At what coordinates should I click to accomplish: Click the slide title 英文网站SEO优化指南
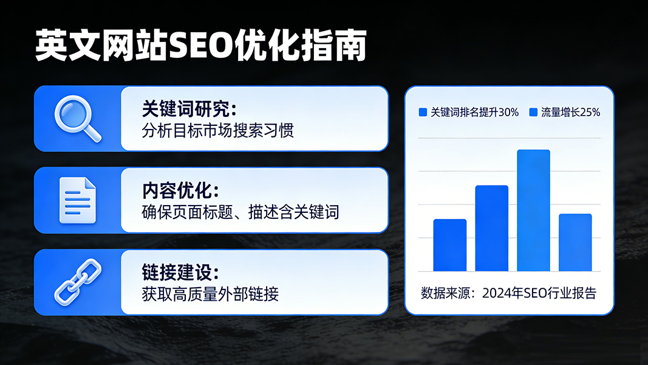[x=201, y=45]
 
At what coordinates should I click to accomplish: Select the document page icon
[x=78, y=200]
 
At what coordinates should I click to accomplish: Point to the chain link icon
[x=78, y=282]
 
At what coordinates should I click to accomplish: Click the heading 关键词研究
[x=189, y=109]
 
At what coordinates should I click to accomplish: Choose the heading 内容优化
[x=180, y=191]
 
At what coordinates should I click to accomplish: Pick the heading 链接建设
[x=180, y=273]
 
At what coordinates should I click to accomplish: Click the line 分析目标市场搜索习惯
[x=218, y=130]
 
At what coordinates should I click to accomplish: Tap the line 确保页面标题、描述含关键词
[x=240, y=212]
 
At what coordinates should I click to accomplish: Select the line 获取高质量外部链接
[x=210, y=294]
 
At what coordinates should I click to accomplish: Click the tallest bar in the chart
[x=534, y=210]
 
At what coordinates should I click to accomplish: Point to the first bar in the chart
[x=450, y=245]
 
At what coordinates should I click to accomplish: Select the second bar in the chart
[x=492, y=229]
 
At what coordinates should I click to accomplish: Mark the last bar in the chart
[x=575, y=243]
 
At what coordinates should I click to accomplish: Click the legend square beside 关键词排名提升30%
[x=423, y=112]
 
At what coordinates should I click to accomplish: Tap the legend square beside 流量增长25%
[x=534, y=112]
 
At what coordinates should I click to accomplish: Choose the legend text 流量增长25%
[x=571, y=112]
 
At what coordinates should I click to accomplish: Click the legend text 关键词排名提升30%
[x=474, y=112]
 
